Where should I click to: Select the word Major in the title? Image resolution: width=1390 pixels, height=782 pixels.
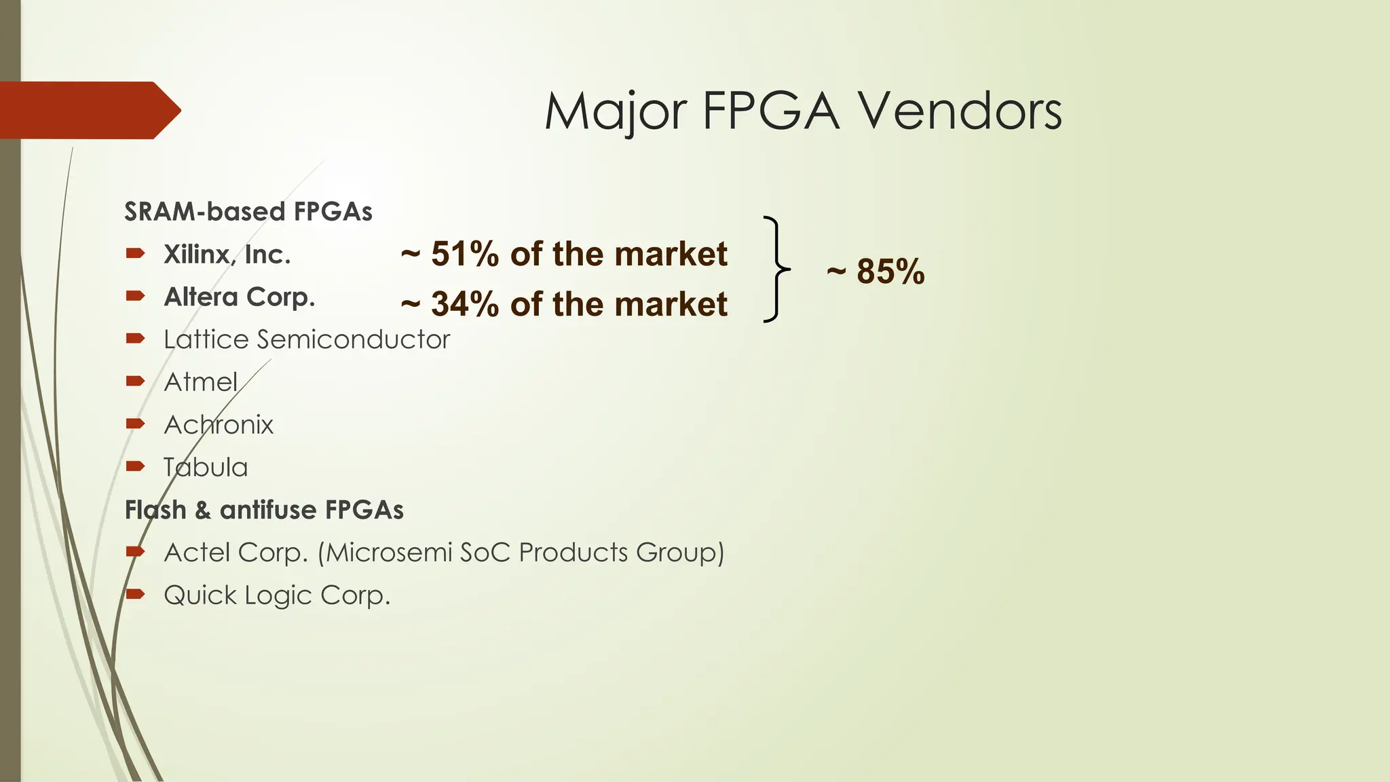[615, 112]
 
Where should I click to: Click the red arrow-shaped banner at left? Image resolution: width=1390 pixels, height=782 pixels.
[88, 110]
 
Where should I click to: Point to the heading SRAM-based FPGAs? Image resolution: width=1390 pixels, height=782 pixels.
[248, 212]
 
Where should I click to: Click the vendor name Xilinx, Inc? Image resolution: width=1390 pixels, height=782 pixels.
[227, 255]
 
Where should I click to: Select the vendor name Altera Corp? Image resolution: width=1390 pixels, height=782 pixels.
[239, 297]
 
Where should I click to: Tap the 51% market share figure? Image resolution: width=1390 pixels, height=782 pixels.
[462, 255]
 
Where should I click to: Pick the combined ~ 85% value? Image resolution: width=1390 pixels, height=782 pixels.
[876, 271]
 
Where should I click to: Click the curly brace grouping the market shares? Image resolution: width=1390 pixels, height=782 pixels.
[776, 269]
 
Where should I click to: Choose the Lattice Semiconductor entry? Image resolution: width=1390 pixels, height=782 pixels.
[306, 339]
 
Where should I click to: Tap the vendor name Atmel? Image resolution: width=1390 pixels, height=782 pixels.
[200, 382]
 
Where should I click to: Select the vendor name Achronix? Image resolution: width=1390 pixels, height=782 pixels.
[218, 425]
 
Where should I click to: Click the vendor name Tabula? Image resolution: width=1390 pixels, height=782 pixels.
[206, 468]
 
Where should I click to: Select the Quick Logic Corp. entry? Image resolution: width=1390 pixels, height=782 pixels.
[277, 595]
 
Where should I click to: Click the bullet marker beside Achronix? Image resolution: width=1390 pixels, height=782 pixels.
[135, 424]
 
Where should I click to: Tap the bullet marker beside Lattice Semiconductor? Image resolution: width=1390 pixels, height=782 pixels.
[135, 338]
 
